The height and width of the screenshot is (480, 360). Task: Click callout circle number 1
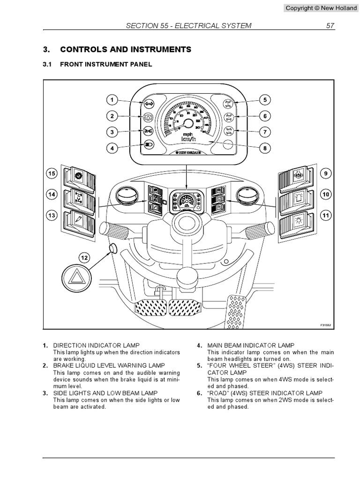click(112, 100)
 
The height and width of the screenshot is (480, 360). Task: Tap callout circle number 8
click(265, 149)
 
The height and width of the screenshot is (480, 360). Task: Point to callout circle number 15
click(52, 174)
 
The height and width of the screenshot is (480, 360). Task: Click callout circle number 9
click(324, 174)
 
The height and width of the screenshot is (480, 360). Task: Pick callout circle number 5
click(265, 100)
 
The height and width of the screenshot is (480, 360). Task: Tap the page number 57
click(330, 26)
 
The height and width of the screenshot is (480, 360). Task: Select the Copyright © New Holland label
click(321, 8)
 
